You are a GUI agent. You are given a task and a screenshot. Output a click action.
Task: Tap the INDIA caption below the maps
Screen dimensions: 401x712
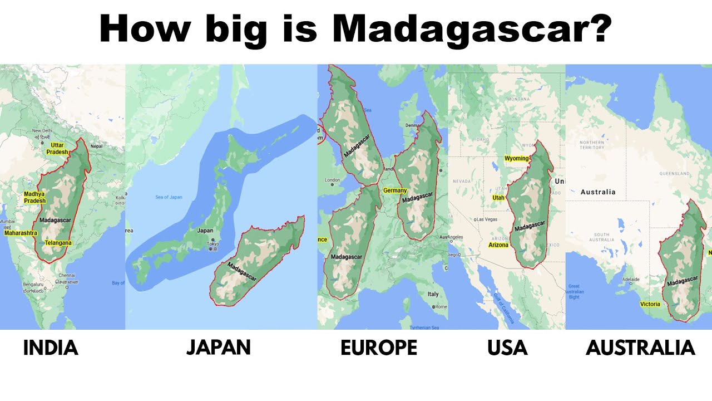51,348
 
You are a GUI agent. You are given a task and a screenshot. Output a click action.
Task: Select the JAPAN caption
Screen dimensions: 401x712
219,347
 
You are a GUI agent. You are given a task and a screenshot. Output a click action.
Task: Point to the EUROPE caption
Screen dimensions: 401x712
379,348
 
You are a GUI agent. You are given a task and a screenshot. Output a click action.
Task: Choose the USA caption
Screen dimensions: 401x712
507,348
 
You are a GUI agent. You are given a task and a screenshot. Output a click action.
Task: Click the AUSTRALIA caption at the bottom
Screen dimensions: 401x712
640,348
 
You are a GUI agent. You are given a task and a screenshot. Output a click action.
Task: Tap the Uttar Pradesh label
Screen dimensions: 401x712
57,149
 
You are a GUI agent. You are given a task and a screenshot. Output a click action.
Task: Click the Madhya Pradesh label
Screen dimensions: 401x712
34,197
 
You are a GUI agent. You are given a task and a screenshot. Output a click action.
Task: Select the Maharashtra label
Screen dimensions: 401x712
21,233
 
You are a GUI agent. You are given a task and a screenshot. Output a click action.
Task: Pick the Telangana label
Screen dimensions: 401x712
58,243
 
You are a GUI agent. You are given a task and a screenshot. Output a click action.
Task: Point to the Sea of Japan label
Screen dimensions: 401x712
169,197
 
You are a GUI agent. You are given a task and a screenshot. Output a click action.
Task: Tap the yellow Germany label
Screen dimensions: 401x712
395,190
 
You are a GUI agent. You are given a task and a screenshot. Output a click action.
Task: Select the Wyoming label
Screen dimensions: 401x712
516,159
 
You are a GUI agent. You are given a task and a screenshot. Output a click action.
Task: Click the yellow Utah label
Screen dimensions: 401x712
498,198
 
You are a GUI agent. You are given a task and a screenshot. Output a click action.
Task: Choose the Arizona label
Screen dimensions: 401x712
498,245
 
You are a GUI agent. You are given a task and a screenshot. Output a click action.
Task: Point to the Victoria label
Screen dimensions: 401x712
650,304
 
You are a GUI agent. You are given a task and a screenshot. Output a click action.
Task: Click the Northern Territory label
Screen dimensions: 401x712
591,144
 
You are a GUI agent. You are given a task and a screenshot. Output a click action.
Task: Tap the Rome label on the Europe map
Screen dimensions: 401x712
441,307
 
